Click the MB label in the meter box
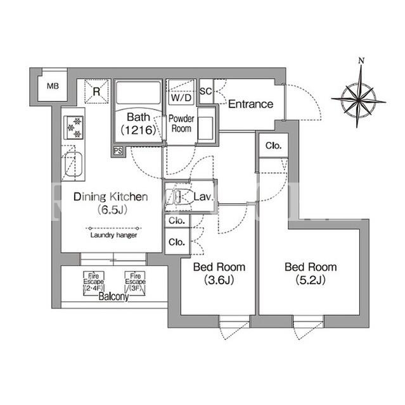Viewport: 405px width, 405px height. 53,86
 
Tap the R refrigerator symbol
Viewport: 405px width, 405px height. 96,91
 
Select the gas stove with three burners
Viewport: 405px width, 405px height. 74,128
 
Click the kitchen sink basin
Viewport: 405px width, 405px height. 73,165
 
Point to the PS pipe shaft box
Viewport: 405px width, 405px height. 118,151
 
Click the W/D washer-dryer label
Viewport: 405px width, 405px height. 181,97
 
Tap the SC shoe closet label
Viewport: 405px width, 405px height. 206,91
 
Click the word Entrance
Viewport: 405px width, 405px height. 250,104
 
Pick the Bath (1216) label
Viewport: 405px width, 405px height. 138,124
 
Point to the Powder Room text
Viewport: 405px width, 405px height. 181,123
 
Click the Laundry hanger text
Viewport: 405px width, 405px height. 114,235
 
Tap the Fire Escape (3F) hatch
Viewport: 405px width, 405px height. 135,283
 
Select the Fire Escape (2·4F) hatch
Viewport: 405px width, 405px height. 94,283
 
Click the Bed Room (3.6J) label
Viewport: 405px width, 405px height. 219,273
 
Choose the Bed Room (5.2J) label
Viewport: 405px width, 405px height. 311,273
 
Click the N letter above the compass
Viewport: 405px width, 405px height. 361,61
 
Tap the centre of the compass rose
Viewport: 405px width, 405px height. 359,99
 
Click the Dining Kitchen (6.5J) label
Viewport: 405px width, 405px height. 111,203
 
